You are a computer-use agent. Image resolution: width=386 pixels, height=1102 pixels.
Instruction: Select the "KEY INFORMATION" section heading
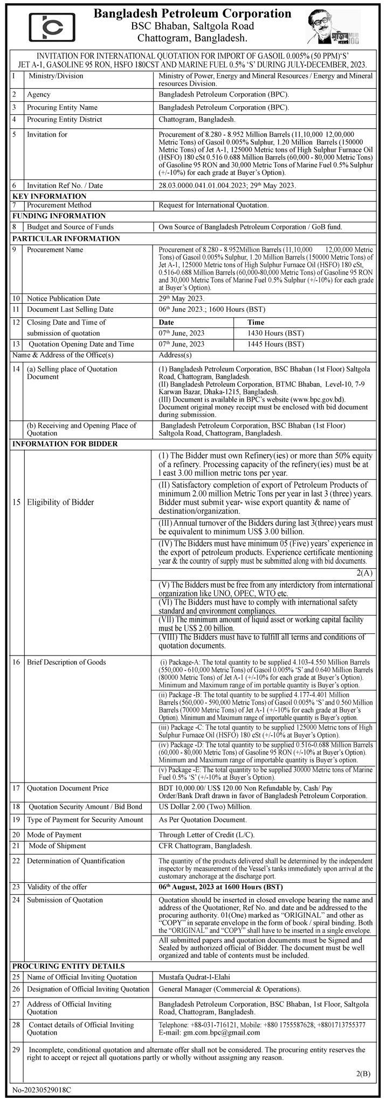click(49, 196)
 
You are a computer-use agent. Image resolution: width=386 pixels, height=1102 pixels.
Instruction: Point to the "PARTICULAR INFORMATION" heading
click(66, 239)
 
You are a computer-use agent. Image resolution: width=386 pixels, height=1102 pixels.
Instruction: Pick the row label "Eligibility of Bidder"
click(60, 503)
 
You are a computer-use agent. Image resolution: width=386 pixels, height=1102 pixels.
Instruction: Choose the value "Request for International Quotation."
click(213, 206)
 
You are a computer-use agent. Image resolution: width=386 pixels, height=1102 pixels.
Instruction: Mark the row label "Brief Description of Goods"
click(66, 662)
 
